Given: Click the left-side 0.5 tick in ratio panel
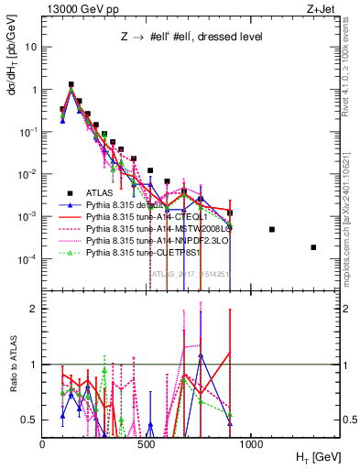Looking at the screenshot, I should point(30,420).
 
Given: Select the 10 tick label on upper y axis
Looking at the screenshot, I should point(30,47).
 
